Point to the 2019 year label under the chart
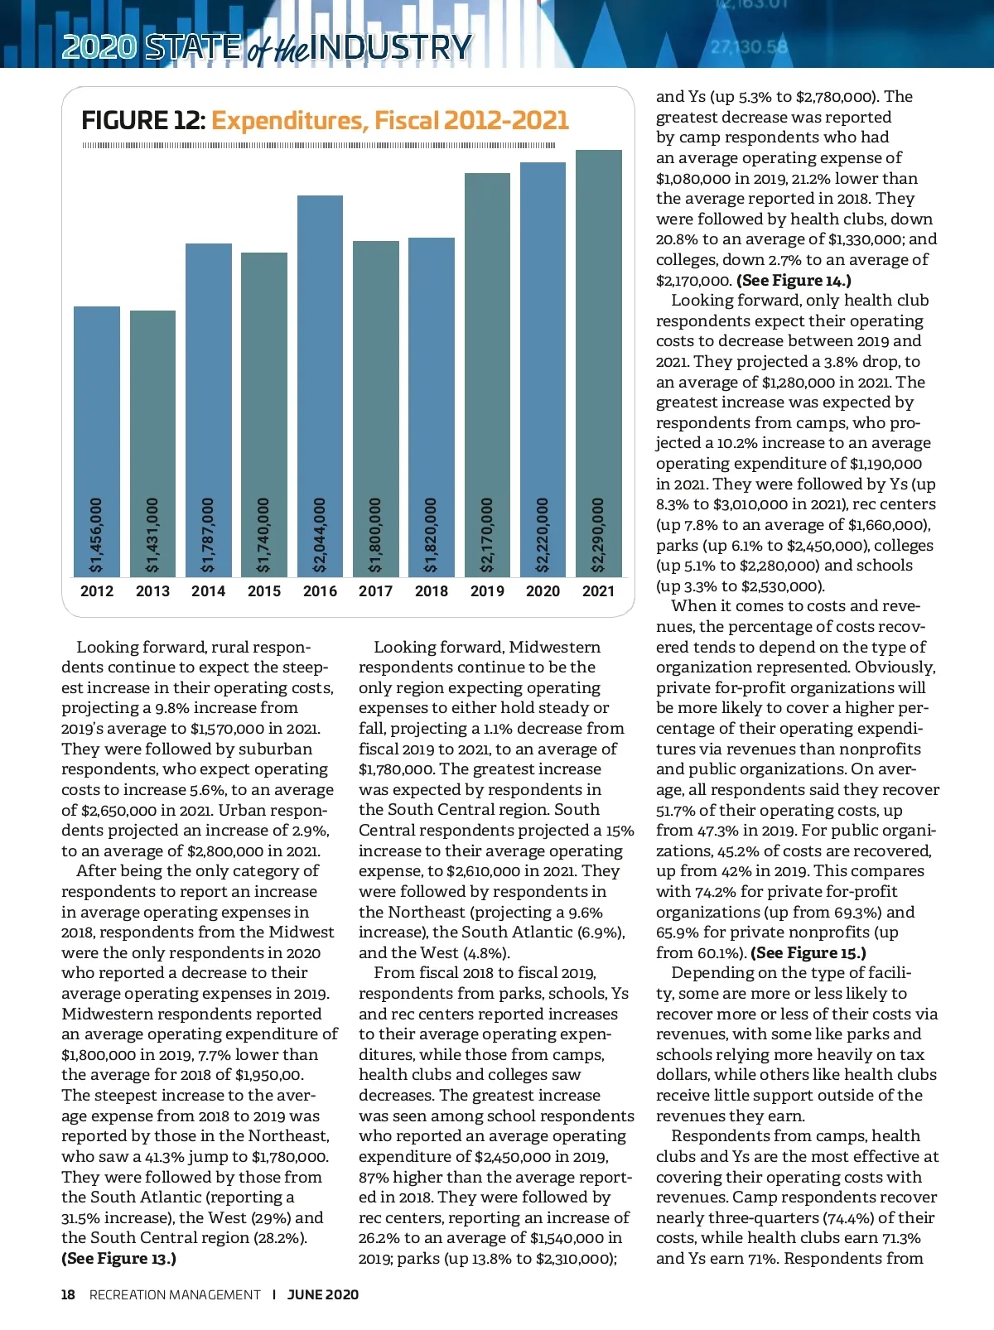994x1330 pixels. (x=487, y=591)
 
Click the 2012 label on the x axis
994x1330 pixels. (x=97, y=591)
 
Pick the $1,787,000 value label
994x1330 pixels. (x=208, y=535)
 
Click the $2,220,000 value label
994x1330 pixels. (x=543, y=535)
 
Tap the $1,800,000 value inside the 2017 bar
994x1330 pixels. (x=375, y=535)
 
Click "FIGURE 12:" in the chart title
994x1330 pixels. (x=143, y=121)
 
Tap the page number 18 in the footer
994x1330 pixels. (x=68, y=1294)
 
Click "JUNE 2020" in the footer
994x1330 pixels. (x=323, y=1294)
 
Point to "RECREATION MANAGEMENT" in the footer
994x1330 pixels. (x=175, y=1294)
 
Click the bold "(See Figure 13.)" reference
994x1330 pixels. (x=119, y=1259)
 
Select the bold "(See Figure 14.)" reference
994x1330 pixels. (x=794, y=280)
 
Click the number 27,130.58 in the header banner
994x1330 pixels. (x=749, y=47)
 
